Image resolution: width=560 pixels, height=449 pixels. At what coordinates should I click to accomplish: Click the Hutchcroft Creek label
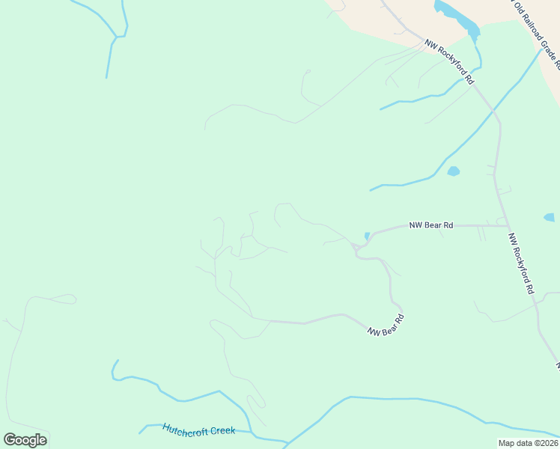click(x=199, y=430)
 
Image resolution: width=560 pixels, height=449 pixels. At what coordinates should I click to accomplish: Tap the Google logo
click(x=25, y=440)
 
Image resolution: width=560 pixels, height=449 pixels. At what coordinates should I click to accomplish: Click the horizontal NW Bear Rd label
click(x=430, y=224)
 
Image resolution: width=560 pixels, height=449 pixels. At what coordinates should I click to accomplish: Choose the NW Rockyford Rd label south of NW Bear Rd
click(x=521, y=263)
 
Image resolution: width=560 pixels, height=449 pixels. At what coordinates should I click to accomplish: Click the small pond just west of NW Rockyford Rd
click(x=453, y=171)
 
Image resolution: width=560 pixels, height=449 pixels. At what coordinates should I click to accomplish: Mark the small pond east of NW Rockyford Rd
click(x=550, y=218)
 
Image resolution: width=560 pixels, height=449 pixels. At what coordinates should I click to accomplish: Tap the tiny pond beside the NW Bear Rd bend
click(x=367, y=236)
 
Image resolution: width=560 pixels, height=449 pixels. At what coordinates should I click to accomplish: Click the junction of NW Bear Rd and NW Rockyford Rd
click(x=509, y=225)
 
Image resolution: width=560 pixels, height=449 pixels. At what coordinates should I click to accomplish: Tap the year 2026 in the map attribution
click(x=544, y=443)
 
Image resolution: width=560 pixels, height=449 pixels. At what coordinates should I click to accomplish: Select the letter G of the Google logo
click(x=10, y=439)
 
